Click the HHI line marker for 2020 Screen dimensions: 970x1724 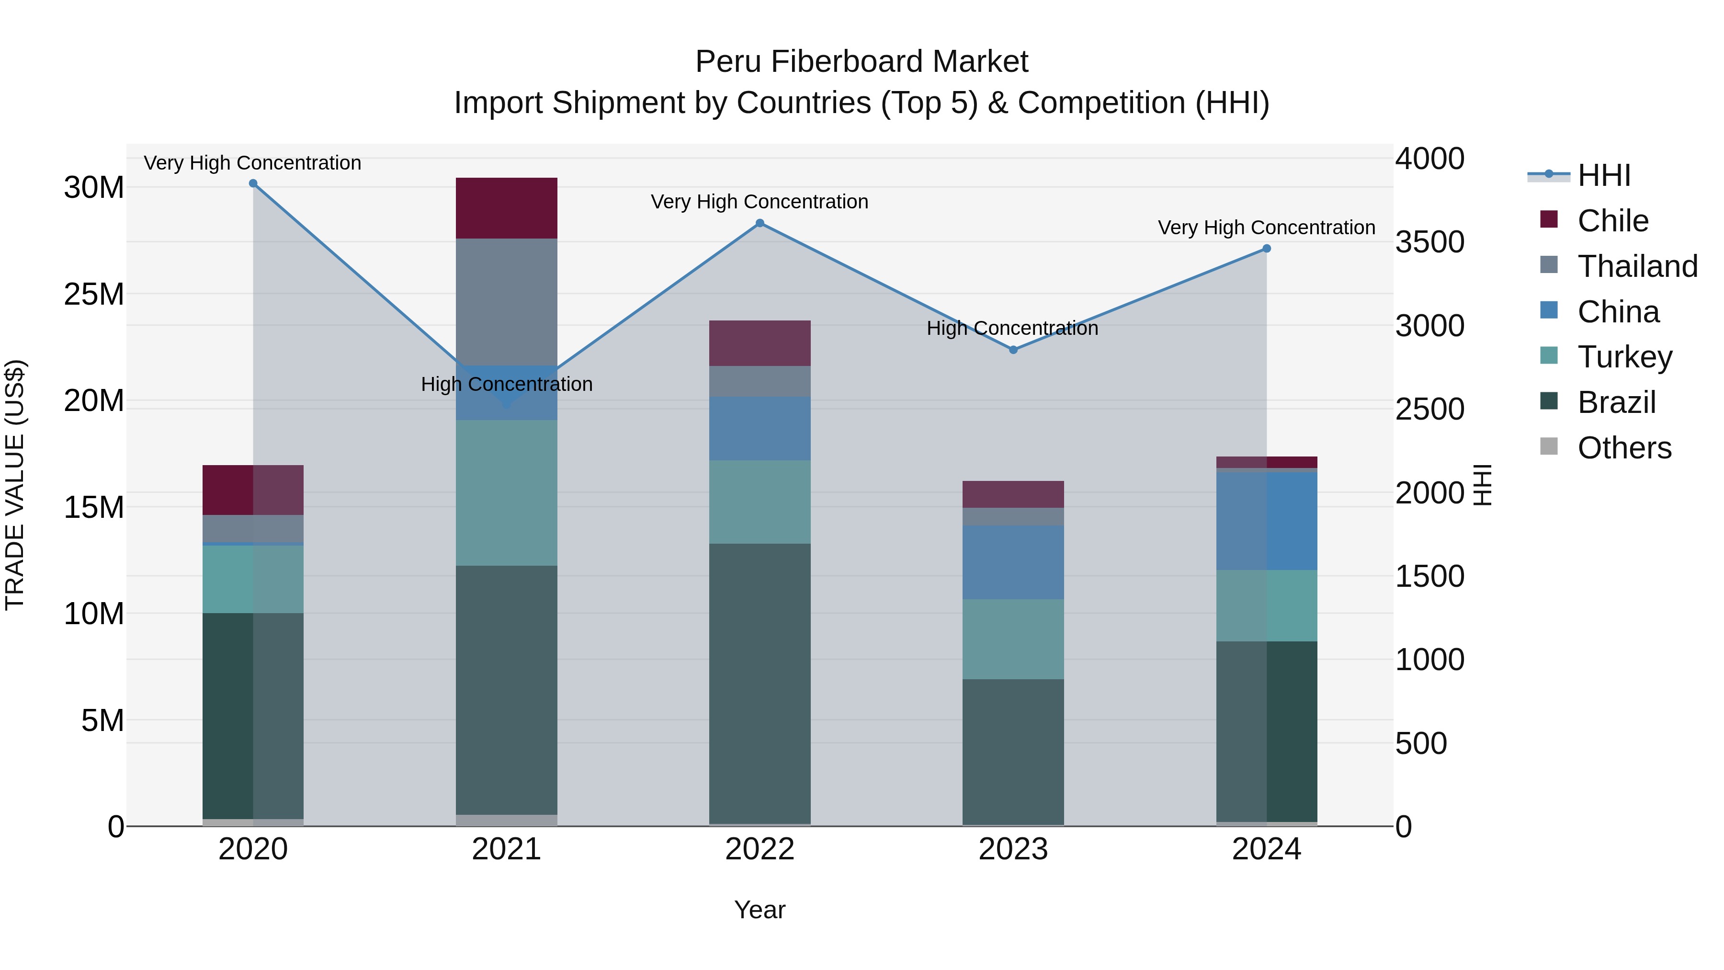coord(253,183)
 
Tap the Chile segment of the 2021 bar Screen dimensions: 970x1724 coord(506,208)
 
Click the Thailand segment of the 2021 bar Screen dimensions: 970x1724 coord(506,301)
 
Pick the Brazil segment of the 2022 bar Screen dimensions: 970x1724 coord(760,683)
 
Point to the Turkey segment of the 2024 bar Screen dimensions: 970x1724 coord(1266,606)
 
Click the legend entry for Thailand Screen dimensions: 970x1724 coord(1636,266)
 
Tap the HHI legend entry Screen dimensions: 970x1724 coord(1603,175)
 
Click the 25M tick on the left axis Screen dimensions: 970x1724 coord(94,295)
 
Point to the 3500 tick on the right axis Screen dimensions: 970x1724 coord(1429,242)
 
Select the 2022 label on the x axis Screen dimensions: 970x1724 coord(760,849)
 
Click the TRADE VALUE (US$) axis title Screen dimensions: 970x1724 coord(15,485)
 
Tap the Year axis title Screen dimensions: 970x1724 coord(760,910)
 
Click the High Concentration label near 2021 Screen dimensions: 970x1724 coord(506,384)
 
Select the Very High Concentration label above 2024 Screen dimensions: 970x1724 coord(1266,228)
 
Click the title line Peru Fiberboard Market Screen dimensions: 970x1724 coord(862,62)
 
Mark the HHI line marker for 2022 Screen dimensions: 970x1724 coord(760,224)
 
